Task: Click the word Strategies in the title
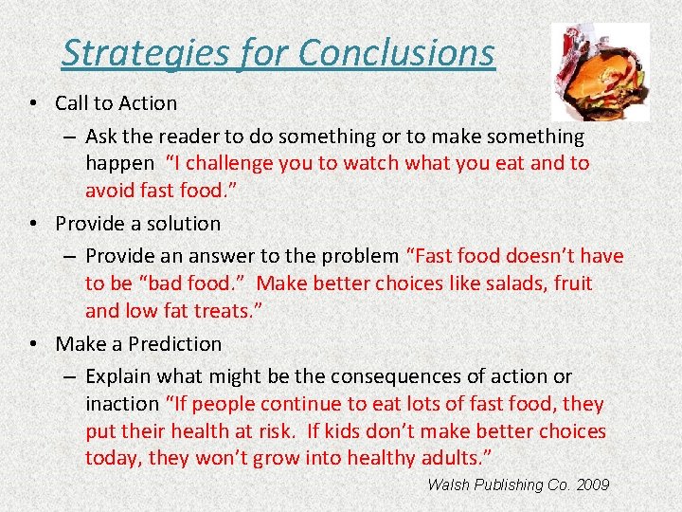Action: pos(128,53)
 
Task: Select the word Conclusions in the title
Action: pos(395,53)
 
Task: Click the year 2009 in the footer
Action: pos(591,485)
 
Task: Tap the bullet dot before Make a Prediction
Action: pos(33,344)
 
